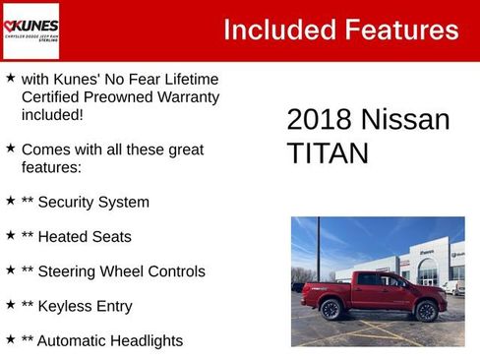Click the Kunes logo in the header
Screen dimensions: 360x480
[x=30, y=30]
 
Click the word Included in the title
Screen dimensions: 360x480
[x=276, y=30]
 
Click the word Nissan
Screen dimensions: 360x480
[x=405, y=120]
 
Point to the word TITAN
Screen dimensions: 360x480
[x=328, y=153]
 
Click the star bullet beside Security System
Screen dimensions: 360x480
[x=10, y=201]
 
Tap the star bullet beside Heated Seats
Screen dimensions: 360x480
[x=10, y=235]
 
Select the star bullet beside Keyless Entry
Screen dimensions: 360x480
[x=10, y=305]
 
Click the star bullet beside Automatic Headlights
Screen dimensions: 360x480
[x=10, y=339]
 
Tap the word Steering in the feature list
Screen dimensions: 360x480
[x=71, y=271]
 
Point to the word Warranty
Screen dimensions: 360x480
[x=186, y=96]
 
